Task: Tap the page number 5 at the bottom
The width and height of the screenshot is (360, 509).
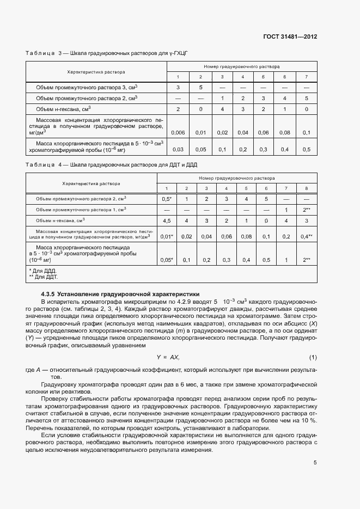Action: [x=315, y=463]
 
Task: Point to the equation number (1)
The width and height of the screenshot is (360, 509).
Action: [x=313, y=357]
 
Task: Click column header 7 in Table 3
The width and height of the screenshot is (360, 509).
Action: [x=306, y=76]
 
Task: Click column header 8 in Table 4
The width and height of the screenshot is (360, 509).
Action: [x=307, y=188]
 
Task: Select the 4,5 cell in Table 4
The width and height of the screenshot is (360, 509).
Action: [x=167, y=221]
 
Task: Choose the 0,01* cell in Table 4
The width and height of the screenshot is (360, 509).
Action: [x=167, y=237]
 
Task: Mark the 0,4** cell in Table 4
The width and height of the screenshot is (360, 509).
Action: [x=307, y=237]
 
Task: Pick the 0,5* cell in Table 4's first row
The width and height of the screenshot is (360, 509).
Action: [x=167, y=199]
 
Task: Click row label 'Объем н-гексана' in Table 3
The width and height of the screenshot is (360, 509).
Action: [x=59, y=109]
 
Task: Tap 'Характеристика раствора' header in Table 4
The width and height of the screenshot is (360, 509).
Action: [x=91, y=183]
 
